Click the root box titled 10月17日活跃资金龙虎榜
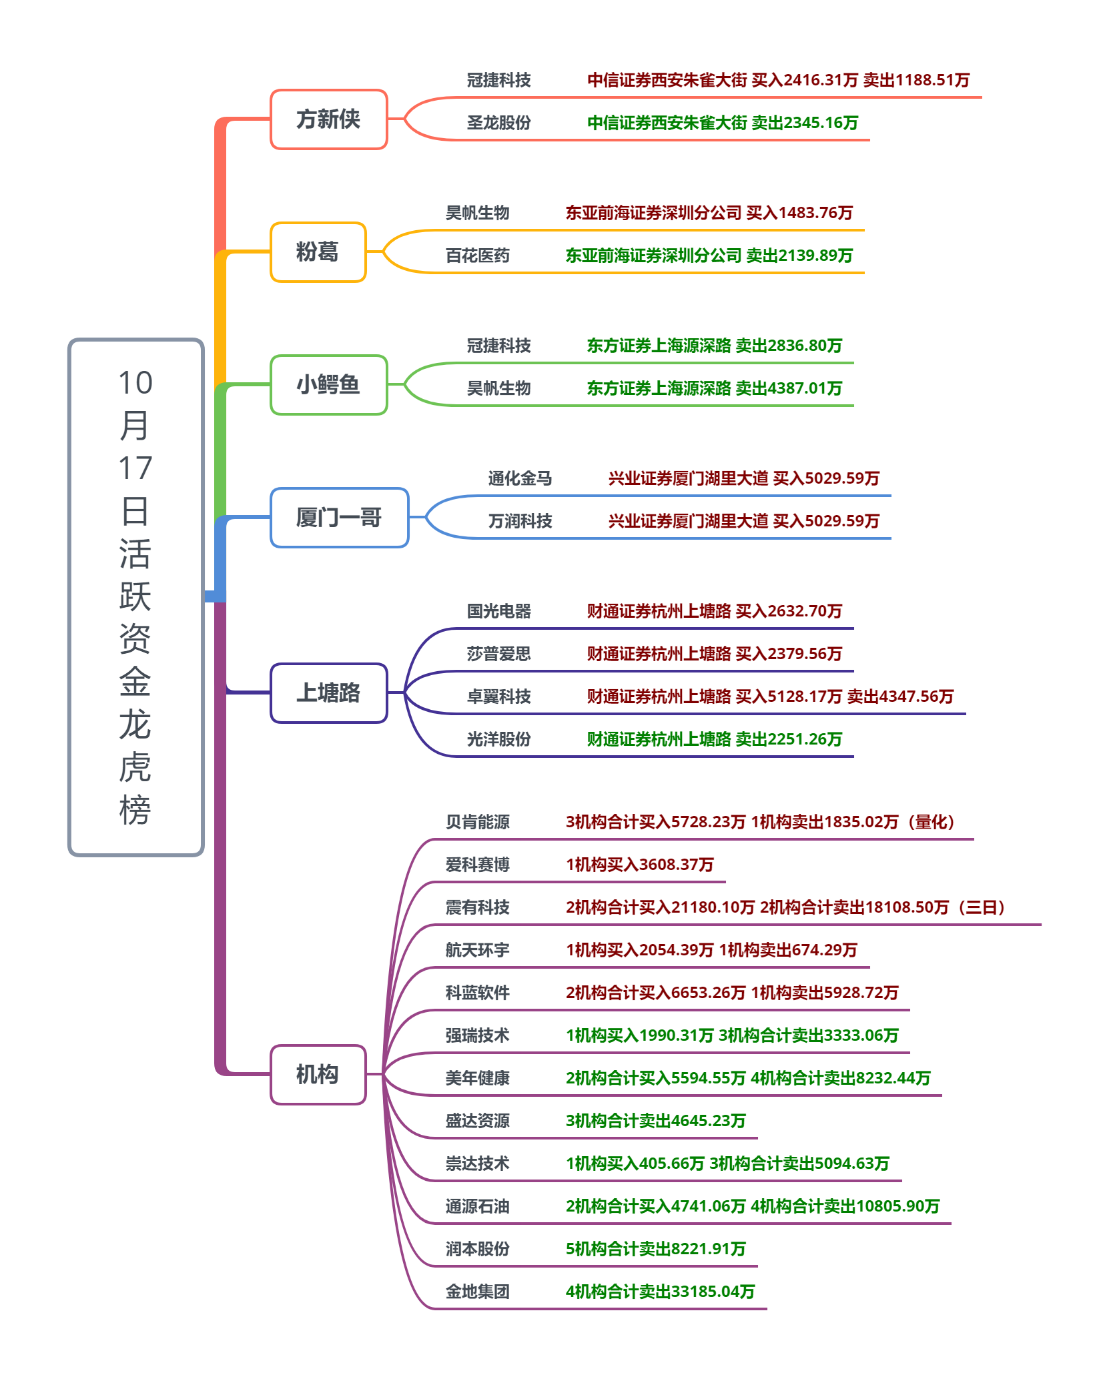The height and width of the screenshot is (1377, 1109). click(136, 597)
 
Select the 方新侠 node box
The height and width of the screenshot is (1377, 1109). click(328, 119)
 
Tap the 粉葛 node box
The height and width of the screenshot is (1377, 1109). click(318, 252)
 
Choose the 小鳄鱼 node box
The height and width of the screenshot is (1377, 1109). click(328, 385)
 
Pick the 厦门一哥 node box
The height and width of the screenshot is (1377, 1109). click(339, 518)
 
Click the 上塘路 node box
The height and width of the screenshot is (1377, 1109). click(328, 693)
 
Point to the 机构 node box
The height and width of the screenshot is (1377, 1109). click(318, 1075)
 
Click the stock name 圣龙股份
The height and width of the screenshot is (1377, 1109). click(498, 123)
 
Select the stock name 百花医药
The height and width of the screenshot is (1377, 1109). click(477, 256)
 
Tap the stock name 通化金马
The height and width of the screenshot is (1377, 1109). click(520, 478)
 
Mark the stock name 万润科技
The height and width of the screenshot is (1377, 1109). click(520, 521)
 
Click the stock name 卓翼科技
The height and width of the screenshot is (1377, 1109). click(498, 697)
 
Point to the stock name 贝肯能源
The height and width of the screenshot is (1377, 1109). click(477, 822)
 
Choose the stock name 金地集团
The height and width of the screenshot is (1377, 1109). click(477, 1292)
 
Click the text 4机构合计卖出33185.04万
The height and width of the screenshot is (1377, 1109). click(660, 1292)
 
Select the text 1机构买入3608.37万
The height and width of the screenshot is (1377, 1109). click(639, 865)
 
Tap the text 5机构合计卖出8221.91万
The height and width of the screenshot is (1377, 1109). click(655, 1249)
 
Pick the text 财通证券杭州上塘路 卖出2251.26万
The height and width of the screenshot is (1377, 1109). click(714, 739)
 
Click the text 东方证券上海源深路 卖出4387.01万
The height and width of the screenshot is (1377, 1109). click(714, 388)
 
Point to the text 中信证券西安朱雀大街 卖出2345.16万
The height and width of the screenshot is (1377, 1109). click(722, 123)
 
